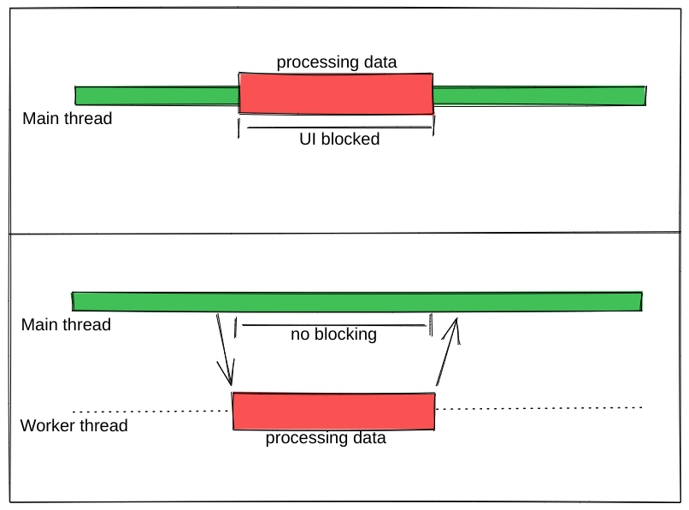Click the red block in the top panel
(x=336, y=93)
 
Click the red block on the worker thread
(x=333, y=411)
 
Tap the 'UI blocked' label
(x=339, y=139)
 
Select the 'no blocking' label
(x=333, y=335)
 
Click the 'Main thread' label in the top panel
(x=67, y=119)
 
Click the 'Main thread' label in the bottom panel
(x=66, y=325)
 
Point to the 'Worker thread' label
(x=74, y=426)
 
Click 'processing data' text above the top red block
(x=337, y=62)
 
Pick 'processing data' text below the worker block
(x=325, y=439)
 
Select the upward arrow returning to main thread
(x=448, y=353)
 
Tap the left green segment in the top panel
(x=156, y=96)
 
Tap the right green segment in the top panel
(x=539, y=95)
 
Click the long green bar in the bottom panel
(x=357, y=301)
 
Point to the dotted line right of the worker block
(x=539, y=408)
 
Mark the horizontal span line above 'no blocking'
(x=333, y=324)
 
